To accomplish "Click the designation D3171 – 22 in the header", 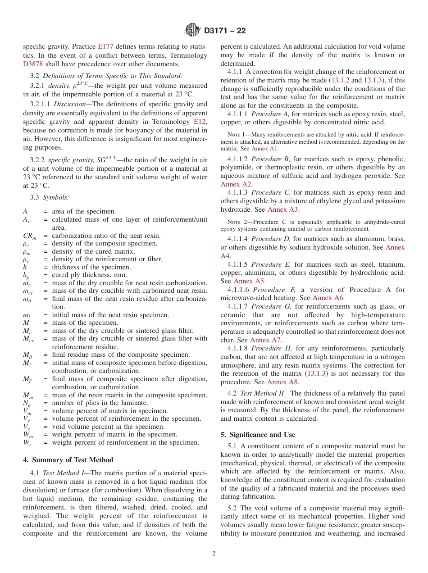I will [225, 31].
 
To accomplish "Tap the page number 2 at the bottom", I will [214, 554].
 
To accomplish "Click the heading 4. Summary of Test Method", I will [68, 460].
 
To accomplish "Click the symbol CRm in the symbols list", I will [29, 236].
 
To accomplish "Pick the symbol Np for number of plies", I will [27, 404].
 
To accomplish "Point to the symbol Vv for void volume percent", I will [27, 427].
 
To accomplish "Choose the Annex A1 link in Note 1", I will [264, 149].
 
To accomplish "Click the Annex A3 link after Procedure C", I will [283, 209].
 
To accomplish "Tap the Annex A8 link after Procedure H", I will [283, 382].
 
